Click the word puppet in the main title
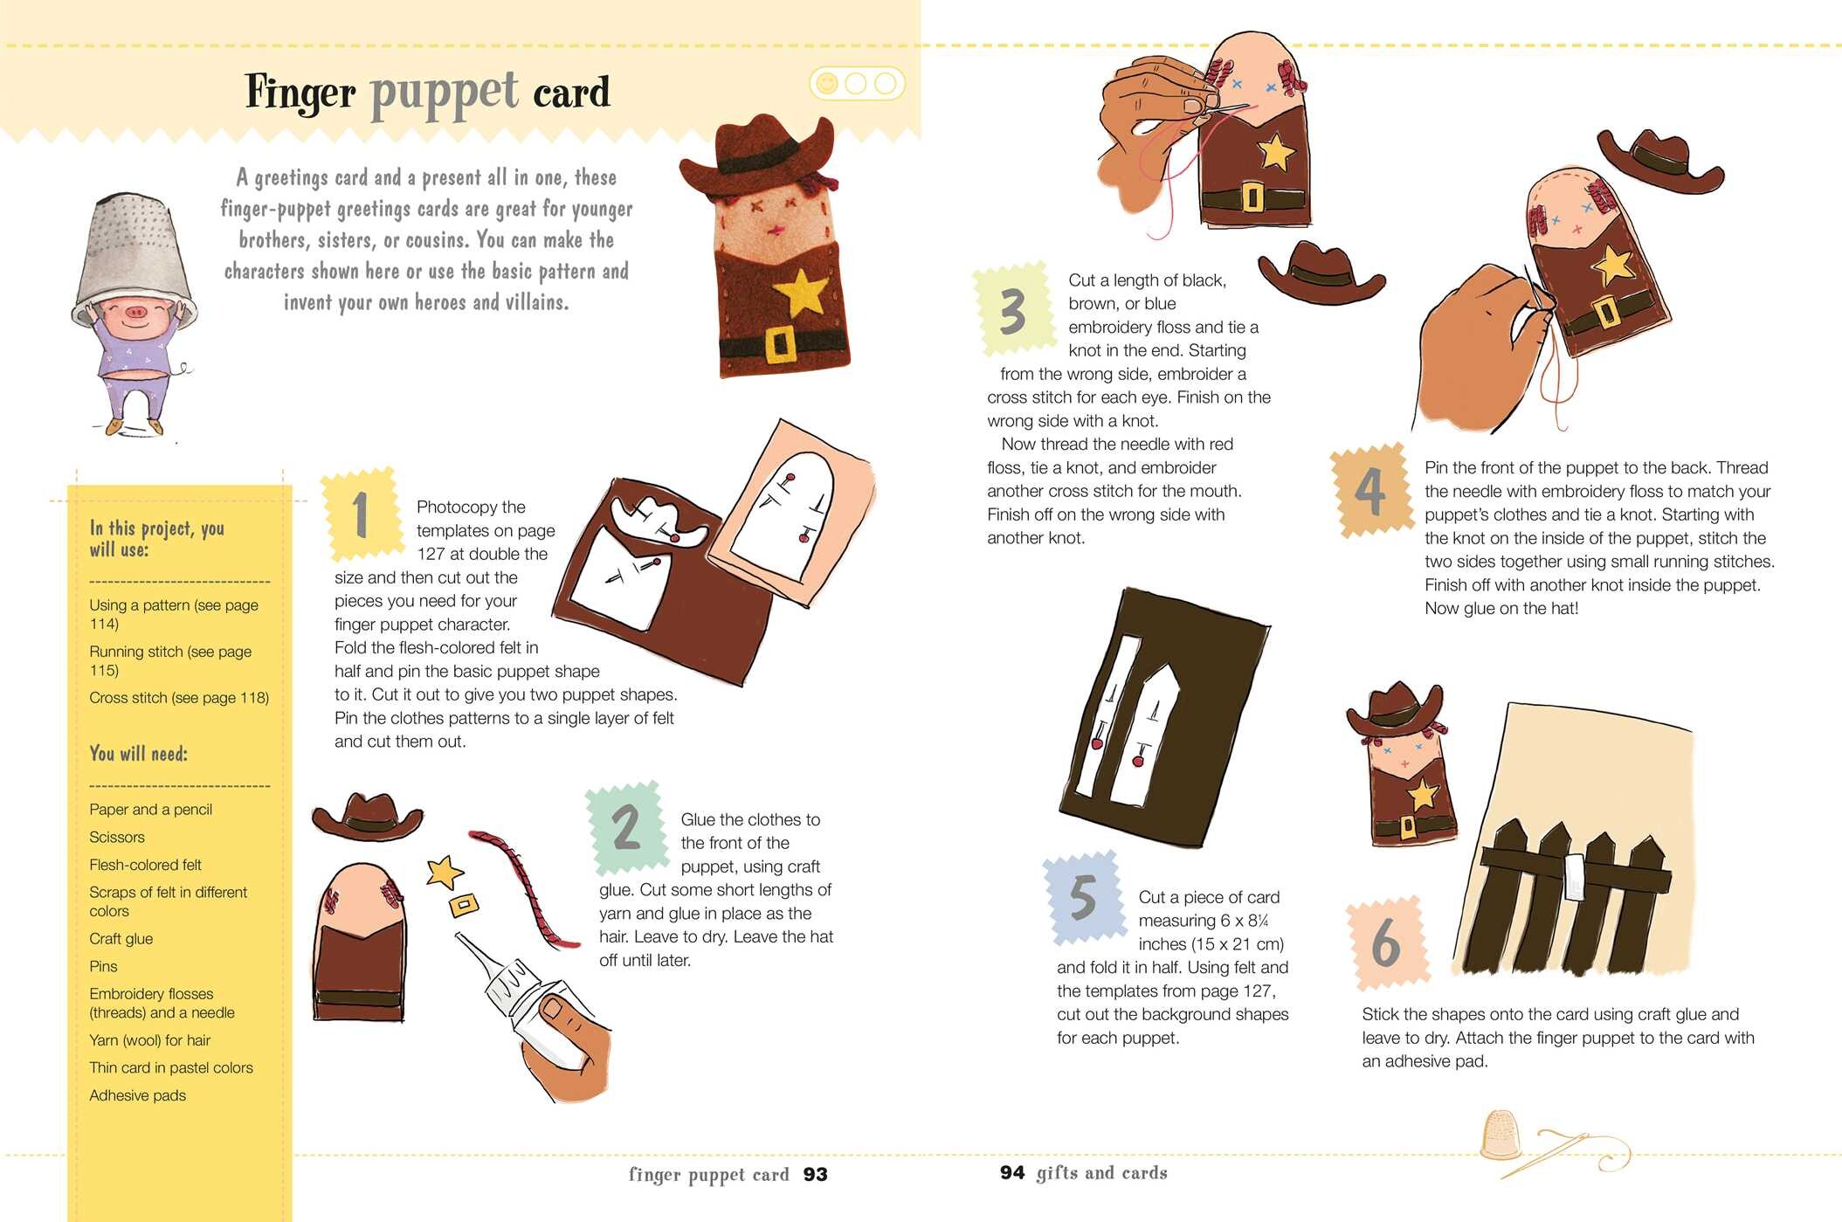point(445,94)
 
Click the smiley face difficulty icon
point(826,84)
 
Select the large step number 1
point(360,515)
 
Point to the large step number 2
point(626,827)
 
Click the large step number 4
point(1370,492)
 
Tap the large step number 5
point(1083,897)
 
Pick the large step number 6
point(1386,943)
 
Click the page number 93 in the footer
point(815,1175)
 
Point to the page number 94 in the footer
point(1012,1172)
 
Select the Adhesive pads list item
point(137,1095)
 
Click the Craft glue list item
point(121,939)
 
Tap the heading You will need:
point(138,754)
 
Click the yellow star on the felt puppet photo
point(803,293)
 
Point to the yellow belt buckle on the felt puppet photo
point(780,344)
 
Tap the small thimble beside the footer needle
point(1501,1135)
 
